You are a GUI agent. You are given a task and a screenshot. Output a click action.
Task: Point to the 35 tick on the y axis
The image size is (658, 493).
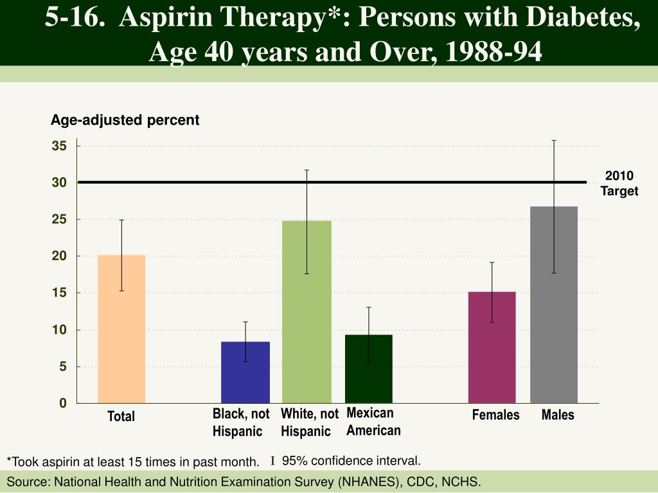(x=59, y=146)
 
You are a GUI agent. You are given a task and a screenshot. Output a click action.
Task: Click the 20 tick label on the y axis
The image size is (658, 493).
(x=59, y=256)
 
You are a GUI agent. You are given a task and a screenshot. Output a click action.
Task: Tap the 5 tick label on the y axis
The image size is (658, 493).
(x=62, y=367)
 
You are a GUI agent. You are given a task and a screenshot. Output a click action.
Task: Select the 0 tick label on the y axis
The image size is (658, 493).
(x=62, y=403)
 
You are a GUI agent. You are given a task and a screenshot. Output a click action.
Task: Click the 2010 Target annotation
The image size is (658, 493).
(x=619, y=184)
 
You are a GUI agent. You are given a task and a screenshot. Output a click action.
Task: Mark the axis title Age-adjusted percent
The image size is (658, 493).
(x=125, y=120)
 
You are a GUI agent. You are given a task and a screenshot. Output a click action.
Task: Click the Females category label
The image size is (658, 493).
(x=495, y=415)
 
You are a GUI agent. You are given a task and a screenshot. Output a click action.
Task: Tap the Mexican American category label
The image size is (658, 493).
(x=373, y=422)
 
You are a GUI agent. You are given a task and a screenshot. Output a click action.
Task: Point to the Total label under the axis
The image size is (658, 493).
(x=121, y=417)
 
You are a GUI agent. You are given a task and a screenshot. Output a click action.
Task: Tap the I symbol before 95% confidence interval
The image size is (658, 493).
(x=272, y=461)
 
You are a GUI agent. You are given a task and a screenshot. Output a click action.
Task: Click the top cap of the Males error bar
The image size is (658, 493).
(x=554, y=140)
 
